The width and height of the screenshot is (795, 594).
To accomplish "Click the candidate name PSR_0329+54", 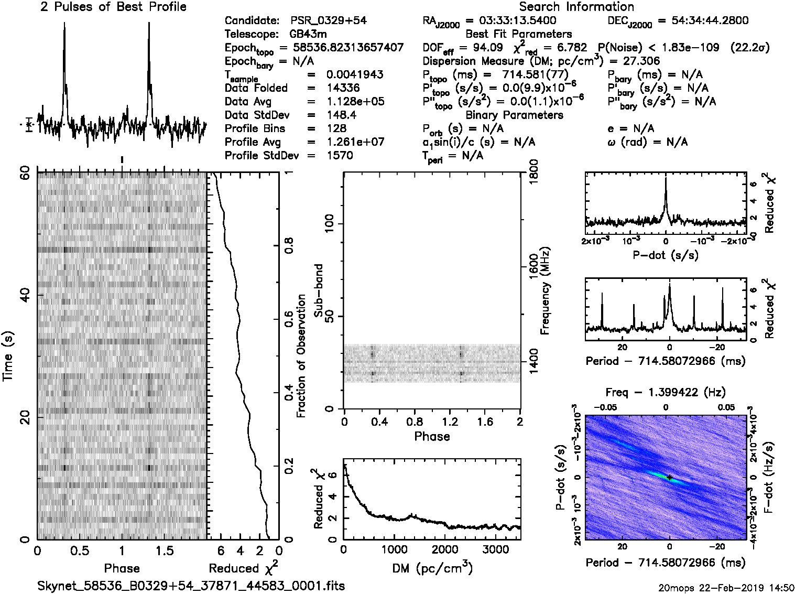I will click(328, 21).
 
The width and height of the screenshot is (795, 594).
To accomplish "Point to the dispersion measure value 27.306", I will click(642, 61).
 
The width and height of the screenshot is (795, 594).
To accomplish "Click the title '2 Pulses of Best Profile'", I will click(113, 7).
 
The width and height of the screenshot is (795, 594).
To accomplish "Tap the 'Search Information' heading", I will click(576, 7).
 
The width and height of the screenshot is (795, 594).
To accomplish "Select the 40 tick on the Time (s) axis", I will click(24, 296).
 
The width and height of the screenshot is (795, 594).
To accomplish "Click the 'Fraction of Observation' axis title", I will click(301, 356).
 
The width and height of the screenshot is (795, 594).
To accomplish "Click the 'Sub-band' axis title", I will click(318, 290).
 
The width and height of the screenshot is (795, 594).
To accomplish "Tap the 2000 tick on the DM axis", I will click(444, 549).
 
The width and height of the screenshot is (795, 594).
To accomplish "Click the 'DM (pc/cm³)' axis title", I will click(432, 568).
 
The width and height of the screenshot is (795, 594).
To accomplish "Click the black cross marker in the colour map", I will click(669, 477).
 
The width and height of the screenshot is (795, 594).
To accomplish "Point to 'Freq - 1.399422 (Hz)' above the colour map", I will click(666, 392).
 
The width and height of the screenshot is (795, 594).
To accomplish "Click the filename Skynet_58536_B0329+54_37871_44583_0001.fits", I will click(191, 586).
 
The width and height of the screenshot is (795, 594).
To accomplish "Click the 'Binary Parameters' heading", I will click(514, 115).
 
